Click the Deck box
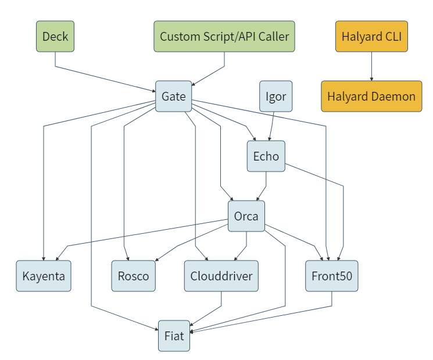55,36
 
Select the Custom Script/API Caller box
224,36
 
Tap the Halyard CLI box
371,36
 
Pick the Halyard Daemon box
371,96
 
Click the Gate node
173,96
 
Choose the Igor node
276,96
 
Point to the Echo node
266,156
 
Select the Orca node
246,216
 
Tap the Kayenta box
44,276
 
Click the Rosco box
133,276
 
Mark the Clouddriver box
221,276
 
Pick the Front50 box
332,276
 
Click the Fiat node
174,336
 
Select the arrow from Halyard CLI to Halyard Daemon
371,66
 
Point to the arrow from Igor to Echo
272,126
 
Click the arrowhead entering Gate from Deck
154,91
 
